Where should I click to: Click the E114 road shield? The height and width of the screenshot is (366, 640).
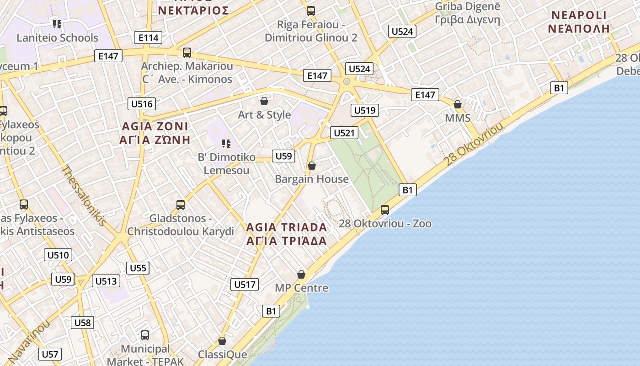(149, 38)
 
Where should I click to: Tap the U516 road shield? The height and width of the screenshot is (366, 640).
(142, 104)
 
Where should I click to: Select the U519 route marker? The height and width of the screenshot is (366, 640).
(364, 110)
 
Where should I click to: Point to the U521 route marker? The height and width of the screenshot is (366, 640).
(344, 133)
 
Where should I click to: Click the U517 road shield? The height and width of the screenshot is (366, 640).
(245, 285)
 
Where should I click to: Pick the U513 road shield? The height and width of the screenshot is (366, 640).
(106, 281)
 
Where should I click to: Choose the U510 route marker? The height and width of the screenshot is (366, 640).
(58, 255)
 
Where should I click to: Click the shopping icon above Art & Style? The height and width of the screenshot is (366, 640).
(264, 101)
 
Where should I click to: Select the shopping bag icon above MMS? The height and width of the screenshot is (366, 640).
(458, 104)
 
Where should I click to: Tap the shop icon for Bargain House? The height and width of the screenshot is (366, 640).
(312, 166)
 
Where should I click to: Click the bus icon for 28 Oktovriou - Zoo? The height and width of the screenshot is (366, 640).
(385, 210)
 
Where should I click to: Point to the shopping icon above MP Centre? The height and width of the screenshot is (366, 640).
(301, 274)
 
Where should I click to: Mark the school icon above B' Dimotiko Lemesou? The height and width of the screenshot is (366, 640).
(226, 144)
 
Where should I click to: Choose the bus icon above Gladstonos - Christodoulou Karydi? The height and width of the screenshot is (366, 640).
(181, 205)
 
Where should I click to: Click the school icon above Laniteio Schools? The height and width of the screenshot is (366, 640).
(57, 24)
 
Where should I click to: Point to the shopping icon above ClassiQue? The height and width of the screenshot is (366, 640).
(222, 341)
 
